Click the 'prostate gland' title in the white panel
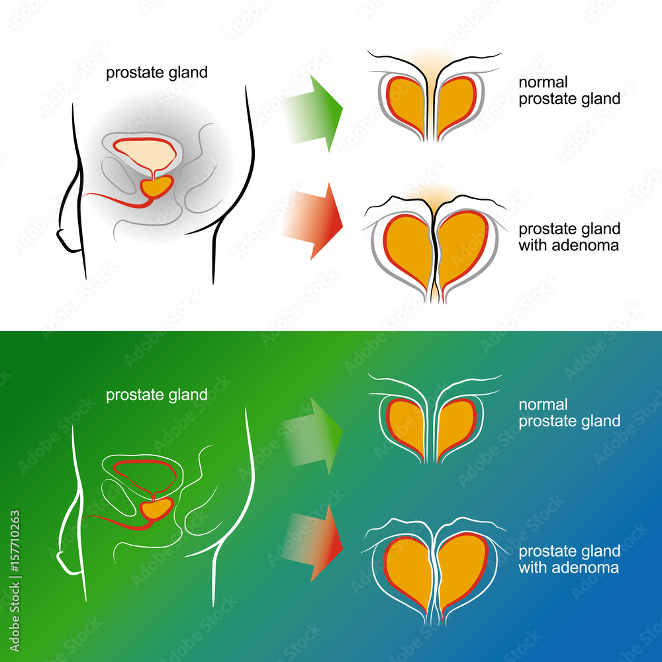coord(157,73)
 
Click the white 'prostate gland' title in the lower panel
coord(157,395)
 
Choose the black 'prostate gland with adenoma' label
coord(569,238)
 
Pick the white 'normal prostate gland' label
coord(569,412)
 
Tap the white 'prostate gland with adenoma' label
coord(569,559)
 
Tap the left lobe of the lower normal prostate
coord(404,426)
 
